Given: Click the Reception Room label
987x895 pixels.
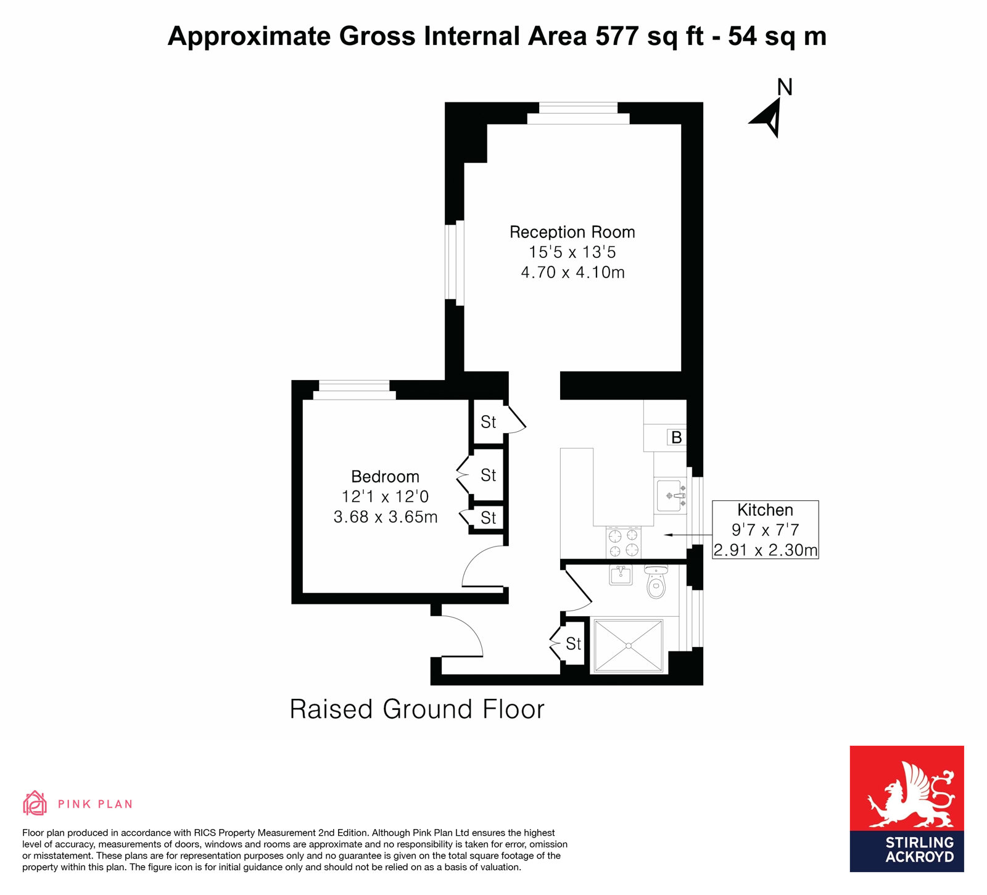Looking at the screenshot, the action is pyautogui.click(x=572, y=232).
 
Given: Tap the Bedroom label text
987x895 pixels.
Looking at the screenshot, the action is pyautogui.click(x=385, y=476).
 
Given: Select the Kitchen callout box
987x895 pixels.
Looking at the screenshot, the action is pyautogui.click(x=765, y=530).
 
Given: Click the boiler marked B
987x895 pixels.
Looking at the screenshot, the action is pyautogui.click(x=676, y=437).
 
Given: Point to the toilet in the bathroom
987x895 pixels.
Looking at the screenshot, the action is pyautogui.click(x=656, y=581).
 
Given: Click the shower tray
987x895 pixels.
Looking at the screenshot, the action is pyautogui.click(x=628, y=646).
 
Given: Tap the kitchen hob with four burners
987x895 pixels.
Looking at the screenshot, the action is pyautogui.click(x=623, y=543).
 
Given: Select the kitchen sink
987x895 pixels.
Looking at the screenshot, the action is pyautogui.click(x=671, y=495).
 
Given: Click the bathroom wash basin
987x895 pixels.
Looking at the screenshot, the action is pyautogui.click(x=621, y=575).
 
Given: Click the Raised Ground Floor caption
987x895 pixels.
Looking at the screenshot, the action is pyautogui.click(x=417, y=709).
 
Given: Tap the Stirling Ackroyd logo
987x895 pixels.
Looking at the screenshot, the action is pyautogui.click(x=906, y=809).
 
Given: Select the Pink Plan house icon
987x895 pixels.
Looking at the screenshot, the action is pyautogui.click(x=35, y=803).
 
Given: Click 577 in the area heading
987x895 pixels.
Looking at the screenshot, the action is pyautogui.click(x=617, y=36).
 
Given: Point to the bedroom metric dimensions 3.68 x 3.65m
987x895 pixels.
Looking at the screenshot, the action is pyautogui.click(x=386, y=517).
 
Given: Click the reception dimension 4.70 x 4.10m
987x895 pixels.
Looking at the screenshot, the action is pyautogui.click(x=572, y=272).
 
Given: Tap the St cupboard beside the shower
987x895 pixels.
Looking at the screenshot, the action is pyautogui.click(x=573, y=644).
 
